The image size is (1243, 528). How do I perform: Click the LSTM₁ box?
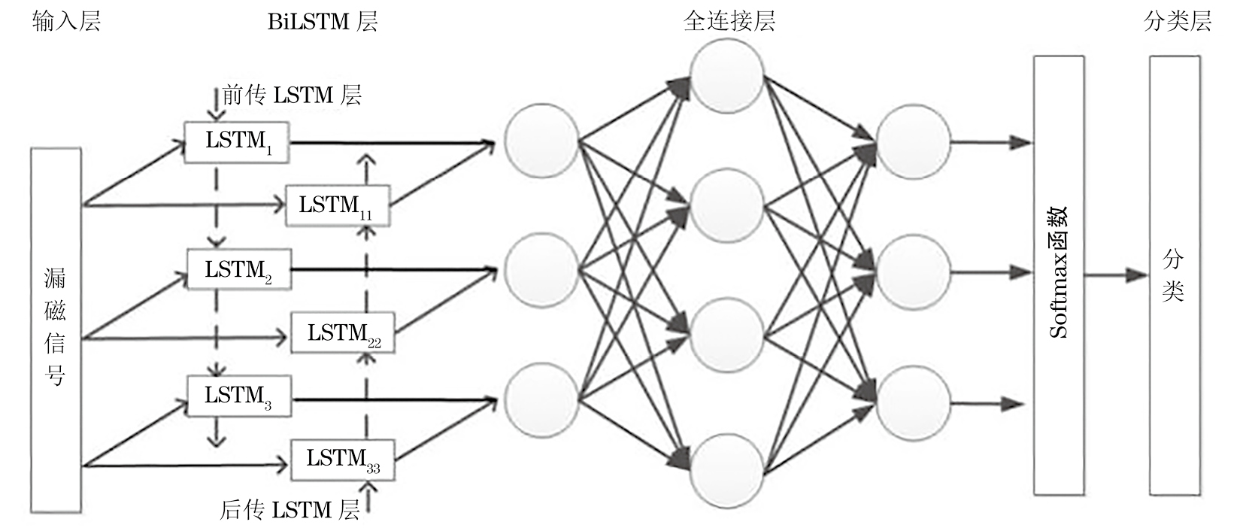click(x=238, y=141)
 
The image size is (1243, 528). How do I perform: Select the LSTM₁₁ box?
click(x=337, y=205)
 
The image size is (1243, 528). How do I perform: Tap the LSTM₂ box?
click(x=238, y=270)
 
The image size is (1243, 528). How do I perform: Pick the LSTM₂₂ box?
click(x=344, y=333)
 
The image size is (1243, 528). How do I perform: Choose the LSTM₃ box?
click(x=238, y=396)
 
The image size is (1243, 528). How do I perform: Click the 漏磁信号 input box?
click(x=56, y=330)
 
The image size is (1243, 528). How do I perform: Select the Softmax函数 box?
click(x=1058, y=275)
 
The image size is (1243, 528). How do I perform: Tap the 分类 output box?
click(x=1174, y=275)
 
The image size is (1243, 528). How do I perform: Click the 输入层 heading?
click(x=66, y=21)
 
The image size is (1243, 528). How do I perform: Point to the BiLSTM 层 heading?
click(x=323, y=21)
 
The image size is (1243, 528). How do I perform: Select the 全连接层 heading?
click(x=729, y=21)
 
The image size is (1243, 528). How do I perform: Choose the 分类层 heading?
click(x=1177, y=21)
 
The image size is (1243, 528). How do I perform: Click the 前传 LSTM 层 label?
click(x=292, y=96)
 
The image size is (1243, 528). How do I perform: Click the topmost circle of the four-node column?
click(x=727, y=76)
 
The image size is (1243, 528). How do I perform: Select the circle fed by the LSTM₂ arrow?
click(x=541, y=271)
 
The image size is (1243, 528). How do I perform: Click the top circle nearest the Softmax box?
click(x=913, y=142)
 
